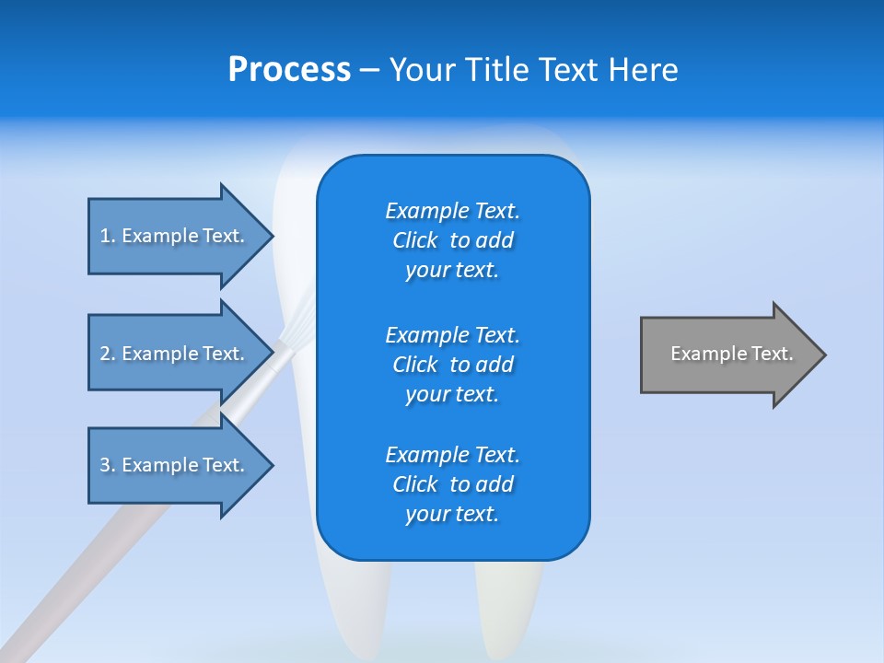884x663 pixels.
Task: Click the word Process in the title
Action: tap(289, 70)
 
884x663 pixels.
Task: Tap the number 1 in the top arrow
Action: tap(105, 236)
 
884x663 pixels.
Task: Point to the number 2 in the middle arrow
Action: tap(105, 354)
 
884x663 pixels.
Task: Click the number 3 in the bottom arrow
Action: tap(105, 465)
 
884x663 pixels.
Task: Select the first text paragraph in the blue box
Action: tap(452, 240)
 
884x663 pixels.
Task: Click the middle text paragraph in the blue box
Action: tap(452, 364)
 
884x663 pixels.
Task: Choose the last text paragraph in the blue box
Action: tap(452, 484)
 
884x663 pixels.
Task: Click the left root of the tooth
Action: tap(350, 599)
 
